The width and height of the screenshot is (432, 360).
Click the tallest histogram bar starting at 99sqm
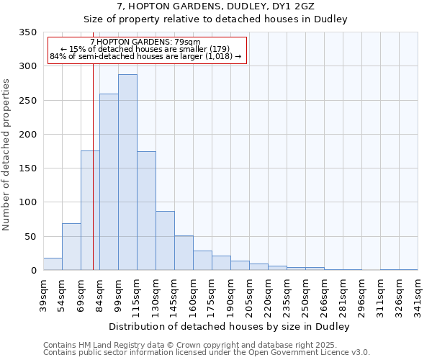coord(127,173)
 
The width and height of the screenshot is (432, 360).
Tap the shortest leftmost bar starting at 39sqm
coord(53,264)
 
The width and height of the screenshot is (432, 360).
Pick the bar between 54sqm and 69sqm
coord(71,247)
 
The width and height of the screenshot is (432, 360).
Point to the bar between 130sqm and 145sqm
coord(165,240)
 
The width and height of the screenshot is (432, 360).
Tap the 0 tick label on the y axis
coord(33,271)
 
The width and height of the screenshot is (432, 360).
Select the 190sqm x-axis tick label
coord(231,294)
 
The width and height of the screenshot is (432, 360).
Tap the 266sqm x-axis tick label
coord(325,294)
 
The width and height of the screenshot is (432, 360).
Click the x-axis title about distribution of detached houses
coord(230,327)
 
